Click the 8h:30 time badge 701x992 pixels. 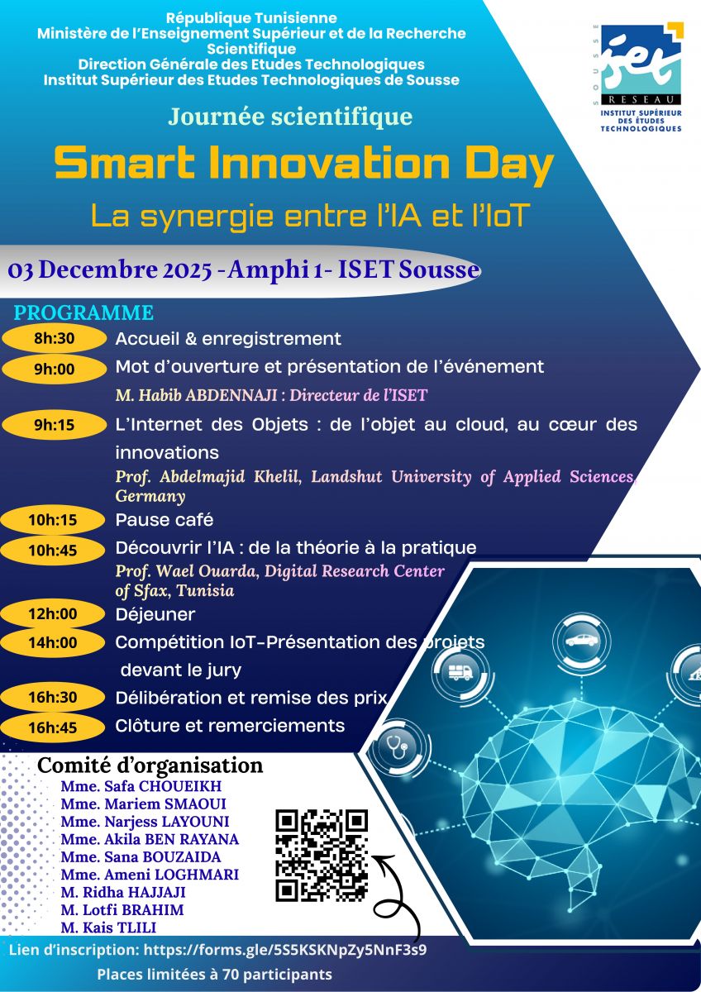pos(55,338)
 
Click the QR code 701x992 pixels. pos(322,855)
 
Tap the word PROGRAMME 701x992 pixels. pos(83,313)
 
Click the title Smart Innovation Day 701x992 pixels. pos(303,165)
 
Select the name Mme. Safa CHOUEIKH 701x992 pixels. pos(141,786)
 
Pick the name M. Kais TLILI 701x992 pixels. pos(108,928)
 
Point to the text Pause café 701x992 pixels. pos(164,520)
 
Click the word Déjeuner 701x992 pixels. pos(155,614)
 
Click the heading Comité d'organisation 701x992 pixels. pos(150,765)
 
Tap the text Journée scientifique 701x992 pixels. pos(290,117)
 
